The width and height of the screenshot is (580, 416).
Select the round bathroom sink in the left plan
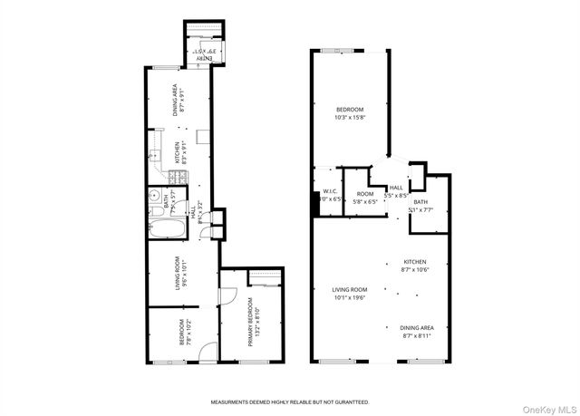pyautogui.click(x=155, y=194)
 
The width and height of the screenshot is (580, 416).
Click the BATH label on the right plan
pyautogui.click(x=420, y=202)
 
